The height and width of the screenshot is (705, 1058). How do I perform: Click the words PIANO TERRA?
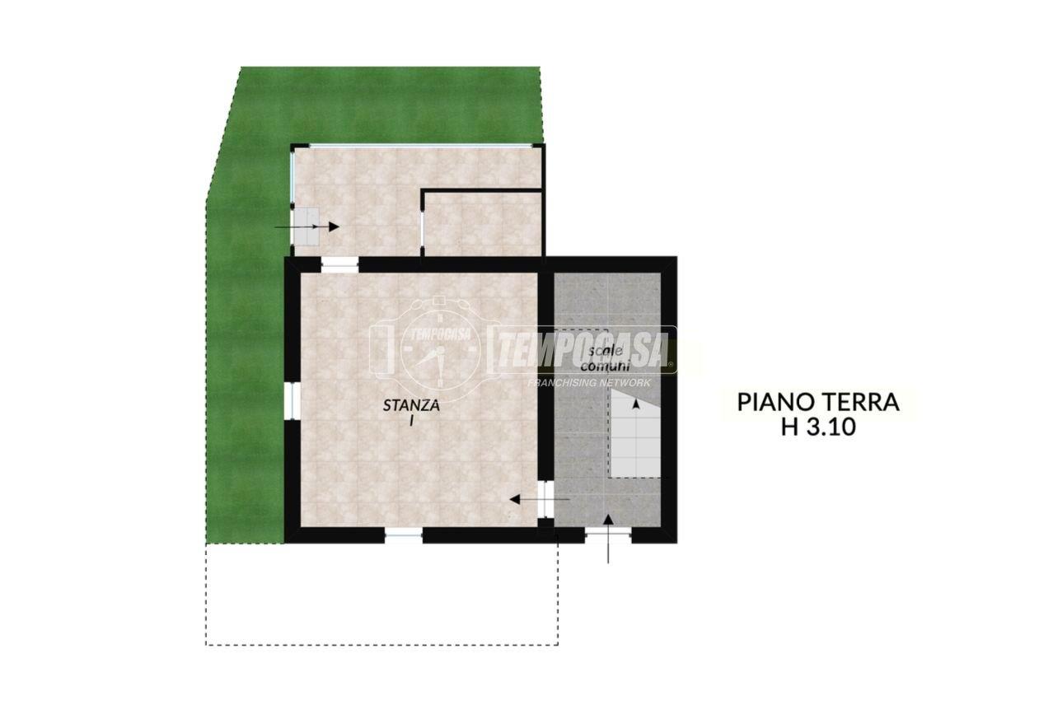tap(818, 403)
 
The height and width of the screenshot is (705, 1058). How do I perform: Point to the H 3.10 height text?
tap(818, 427)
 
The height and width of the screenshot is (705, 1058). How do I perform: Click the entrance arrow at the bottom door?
tap(608, 539)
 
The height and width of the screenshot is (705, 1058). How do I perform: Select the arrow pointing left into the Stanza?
tap(540, 499)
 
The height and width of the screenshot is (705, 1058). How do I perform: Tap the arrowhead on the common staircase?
tap(636, 404)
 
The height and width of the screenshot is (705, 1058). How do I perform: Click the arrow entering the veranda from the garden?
tap(307, 227)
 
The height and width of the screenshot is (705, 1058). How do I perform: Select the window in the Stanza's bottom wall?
tap(404, 535)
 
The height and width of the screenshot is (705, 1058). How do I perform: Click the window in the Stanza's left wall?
tap(293, 401)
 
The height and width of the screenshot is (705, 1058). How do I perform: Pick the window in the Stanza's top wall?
tap(339, 265)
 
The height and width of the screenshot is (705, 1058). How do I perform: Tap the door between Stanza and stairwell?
tap(545, 499)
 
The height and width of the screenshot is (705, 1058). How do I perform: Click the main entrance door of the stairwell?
tap(608, 535)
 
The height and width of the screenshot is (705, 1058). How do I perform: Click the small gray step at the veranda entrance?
tap(307, 226)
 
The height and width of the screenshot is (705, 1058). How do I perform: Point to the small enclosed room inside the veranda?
tap(482, 224)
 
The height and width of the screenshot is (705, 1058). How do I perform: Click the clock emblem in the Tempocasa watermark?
tap(439, 350)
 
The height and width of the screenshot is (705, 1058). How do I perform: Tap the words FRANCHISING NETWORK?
tap(589, 383)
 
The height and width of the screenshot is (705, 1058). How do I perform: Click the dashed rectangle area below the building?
tap(382, 594)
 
